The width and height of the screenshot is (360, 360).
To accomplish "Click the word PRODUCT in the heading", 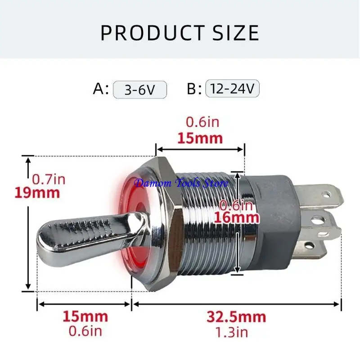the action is (x=153, y=32).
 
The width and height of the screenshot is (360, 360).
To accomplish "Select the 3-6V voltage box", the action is (x=140, y=90).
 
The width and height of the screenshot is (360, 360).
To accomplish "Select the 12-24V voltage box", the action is (x=232, y=88).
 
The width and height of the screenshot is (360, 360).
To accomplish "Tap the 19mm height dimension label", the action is (x=37, y=193).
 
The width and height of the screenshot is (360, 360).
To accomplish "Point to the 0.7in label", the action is (x=49, y=179).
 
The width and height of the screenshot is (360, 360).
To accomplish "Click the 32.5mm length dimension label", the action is (x=236, y=317).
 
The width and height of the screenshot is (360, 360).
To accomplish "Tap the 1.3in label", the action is (x=232, y=332).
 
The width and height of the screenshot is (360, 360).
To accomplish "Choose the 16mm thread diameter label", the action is (x=237, y=218).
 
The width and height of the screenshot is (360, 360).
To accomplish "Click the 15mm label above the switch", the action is (x=200, y=139).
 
